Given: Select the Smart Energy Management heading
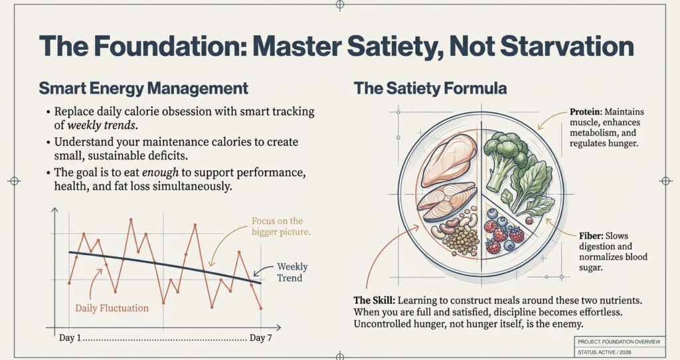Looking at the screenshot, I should click(x=143, y=88).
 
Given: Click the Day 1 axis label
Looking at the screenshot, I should click(x=70, y=338).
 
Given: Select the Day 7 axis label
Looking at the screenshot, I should click(x=260, y=338).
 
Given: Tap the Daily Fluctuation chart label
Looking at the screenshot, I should click(x=112, y=308).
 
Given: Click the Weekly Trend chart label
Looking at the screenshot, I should click(x=292, y=272).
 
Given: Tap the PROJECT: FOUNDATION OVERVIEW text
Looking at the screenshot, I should click(x=620, y=341).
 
